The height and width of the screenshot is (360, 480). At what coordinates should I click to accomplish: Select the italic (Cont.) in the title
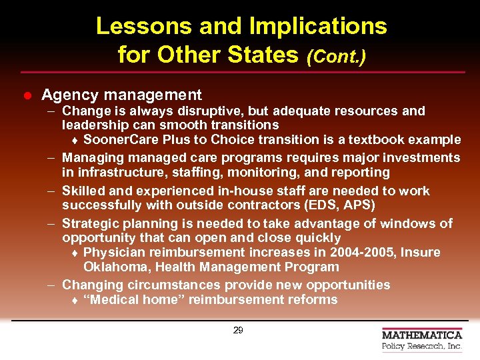336,56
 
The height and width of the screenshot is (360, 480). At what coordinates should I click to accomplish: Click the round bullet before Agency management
27,96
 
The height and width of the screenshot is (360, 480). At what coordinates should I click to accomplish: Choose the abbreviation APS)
359,205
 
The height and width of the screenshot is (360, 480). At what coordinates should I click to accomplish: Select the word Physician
113,252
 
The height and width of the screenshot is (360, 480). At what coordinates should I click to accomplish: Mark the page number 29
238,330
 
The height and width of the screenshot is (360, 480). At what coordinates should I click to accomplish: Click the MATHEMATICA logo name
422,335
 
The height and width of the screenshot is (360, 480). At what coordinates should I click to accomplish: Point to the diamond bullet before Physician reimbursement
76,253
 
